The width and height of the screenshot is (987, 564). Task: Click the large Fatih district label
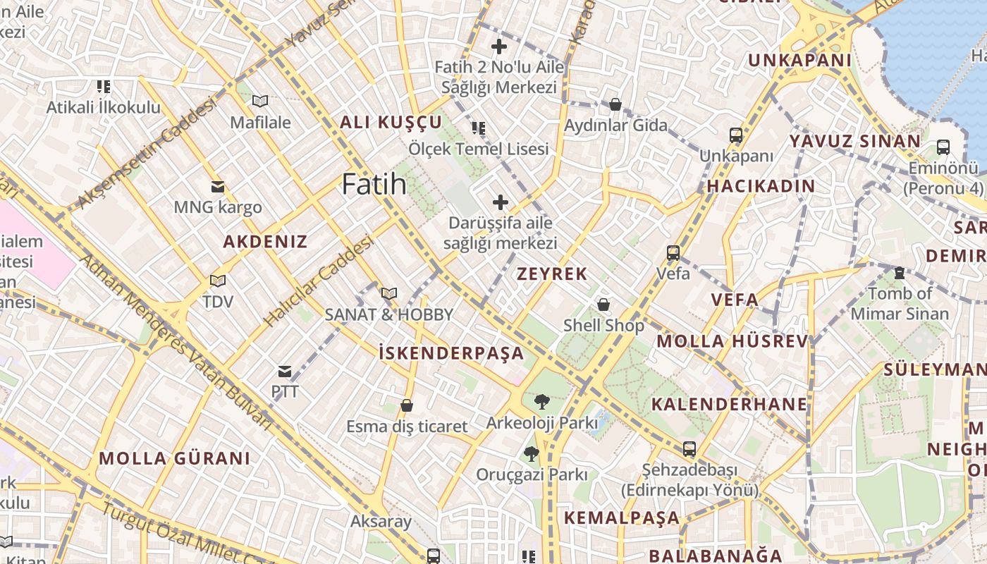[374, 185]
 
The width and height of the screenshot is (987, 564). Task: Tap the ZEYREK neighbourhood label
[552, 274]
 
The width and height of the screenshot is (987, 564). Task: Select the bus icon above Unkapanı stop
[735, 135]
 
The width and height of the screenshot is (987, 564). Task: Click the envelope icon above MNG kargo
[218, 187]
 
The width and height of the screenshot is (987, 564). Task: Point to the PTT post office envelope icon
[285, 371]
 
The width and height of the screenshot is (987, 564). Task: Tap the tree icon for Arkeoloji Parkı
[541, 402]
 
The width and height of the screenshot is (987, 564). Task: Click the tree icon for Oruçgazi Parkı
[532, 453]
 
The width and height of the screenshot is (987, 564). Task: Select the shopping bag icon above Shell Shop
[603, 305]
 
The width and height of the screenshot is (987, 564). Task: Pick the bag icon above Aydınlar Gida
[615, 104]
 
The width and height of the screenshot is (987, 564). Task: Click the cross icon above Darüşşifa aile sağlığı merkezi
[501, 202]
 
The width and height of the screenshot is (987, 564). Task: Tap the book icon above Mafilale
[260, 101]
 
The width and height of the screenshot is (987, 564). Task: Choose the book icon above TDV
[218, 281]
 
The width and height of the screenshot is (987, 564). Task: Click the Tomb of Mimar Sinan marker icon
[899, 273]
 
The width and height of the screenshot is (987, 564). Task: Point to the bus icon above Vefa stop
[673, 252]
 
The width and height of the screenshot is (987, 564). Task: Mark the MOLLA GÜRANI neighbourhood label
[174, 458]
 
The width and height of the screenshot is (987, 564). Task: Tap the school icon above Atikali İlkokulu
[104, 87]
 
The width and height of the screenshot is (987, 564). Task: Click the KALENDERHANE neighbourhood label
[729, 404]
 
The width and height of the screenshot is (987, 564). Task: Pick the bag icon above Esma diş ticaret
[406, 405]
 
